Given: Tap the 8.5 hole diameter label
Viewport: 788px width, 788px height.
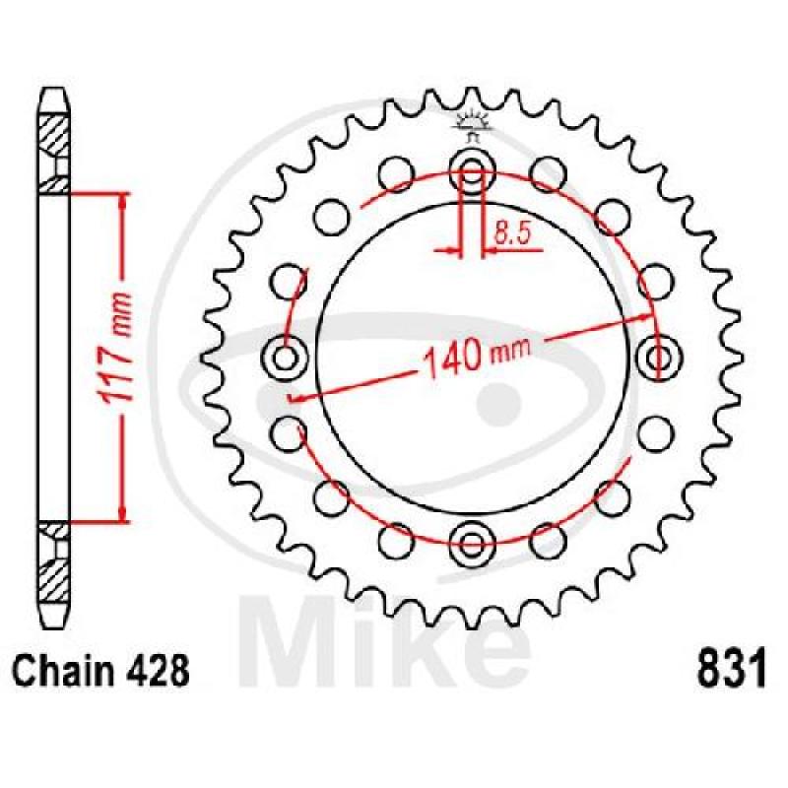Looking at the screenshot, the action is coord(512,233).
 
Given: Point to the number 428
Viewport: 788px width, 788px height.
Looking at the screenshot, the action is coord(163,671).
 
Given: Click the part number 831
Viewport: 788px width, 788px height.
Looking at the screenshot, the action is coord(733,668).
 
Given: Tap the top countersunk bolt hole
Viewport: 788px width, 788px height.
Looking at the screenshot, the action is coord(472,168).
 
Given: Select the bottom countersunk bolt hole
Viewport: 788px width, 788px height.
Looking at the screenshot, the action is coord(472,544).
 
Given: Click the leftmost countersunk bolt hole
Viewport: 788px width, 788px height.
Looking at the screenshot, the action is coord(285,358).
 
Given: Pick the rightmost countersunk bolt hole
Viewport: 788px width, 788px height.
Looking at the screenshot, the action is coord(659,358).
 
